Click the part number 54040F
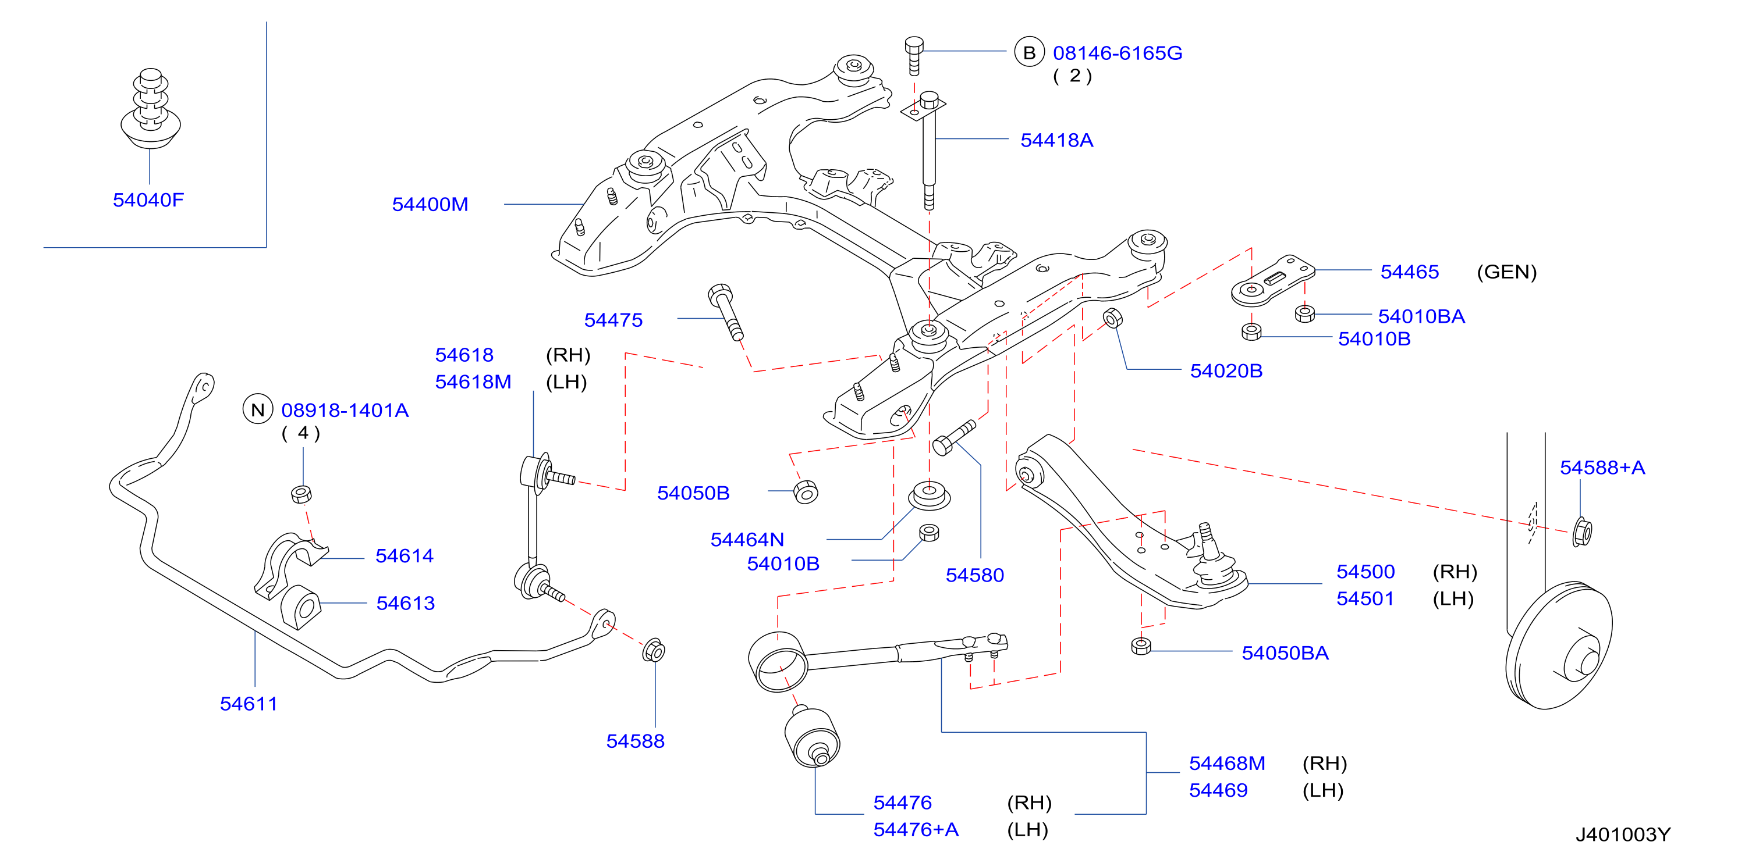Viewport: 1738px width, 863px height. [x=148, y=199]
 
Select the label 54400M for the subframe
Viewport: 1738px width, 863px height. [x=431, y=204]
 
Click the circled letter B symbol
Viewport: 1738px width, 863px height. [x=1029, y=52]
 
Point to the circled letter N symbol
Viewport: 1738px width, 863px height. [x=258, y=409]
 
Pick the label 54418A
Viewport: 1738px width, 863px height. [x=1056, y=140]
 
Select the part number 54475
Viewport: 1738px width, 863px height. [x=613, y=320]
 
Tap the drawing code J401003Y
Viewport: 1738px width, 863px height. [x=1623, y=835]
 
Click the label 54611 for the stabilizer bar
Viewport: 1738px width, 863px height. [x=249, y=703]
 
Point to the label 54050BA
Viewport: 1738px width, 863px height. [x=1285, y=652]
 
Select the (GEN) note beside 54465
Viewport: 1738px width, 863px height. [x=1506, y=272]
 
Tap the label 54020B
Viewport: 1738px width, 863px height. [x=1226, y=371]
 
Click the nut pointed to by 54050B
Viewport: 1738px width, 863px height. [x=806, y=491]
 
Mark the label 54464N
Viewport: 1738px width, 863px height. [x=747, y=540]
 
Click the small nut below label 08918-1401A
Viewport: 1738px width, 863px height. [x=301, y=494]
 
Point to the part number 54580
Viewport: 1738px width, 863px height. [x=975, y=575]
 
